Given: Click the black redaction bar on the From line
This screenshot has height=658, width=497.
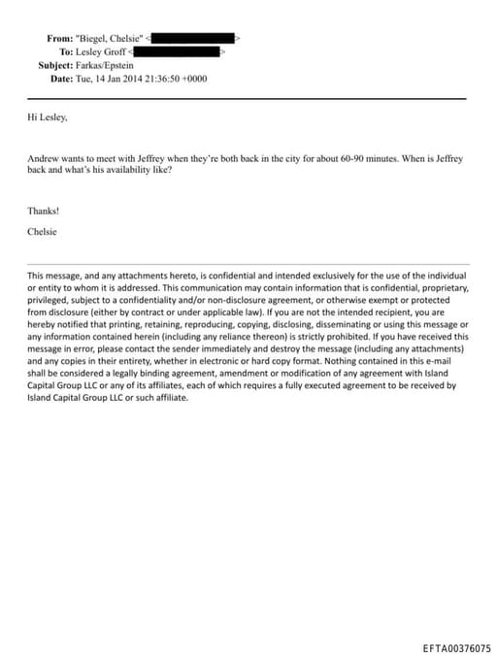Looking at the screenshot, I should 194,38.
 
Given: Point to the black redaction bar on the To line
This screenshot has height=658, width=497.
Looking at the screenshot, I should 179,51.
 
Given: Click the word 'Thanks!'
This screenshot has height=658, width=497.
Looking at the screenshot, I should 44,210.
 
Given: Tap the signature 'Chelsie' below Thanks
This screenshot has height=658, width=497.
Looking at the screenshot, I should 44,231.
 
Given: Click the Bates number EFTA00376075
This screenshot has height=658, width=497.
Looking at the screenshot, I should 457,648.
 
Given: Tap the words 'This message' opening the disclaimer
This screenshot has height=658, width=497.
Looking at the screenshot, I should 53,277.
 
